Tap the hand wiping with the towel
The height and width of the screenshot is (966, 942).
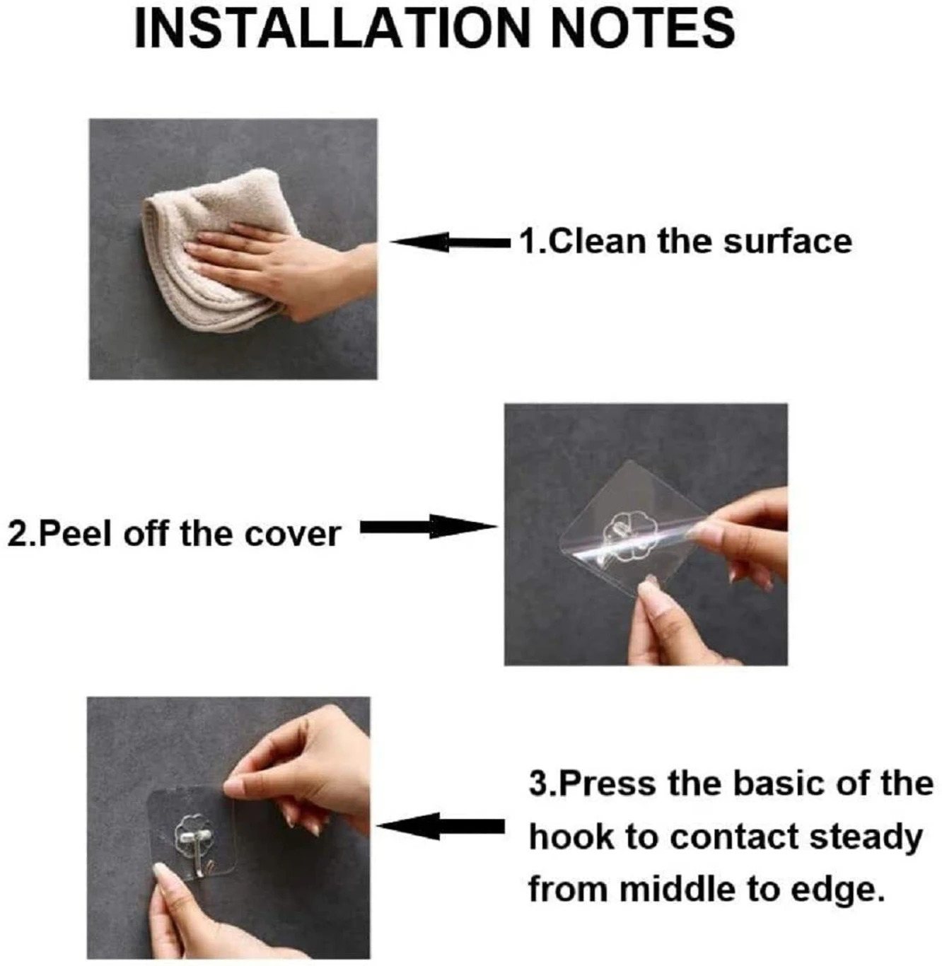(x=283, y=272)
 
